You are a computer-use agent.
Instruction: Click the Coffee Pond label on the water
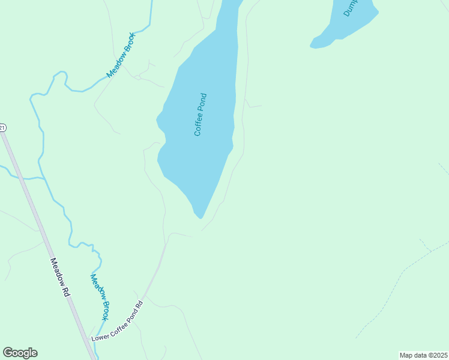click(x=200, y=114)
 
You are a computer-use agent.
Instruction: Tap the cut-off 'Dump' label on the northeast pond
click(x=351, y=8)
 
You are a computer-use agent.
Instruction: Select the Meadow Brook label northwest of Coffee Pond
click(x=121, y=55)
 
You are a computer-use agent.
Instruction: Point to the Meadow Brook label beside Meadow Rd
click(x=100, y=296)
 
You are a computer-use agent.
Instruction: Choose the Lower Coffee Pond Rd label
click(x=118, y=321)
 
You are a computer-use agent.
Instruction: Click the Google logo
click(x=20, y=353)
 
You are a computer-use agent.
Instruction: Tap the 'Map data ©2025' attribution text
click(x=424, y=355)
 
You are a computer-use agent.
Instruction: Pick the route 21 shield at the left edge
click(x=2, y=127)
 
